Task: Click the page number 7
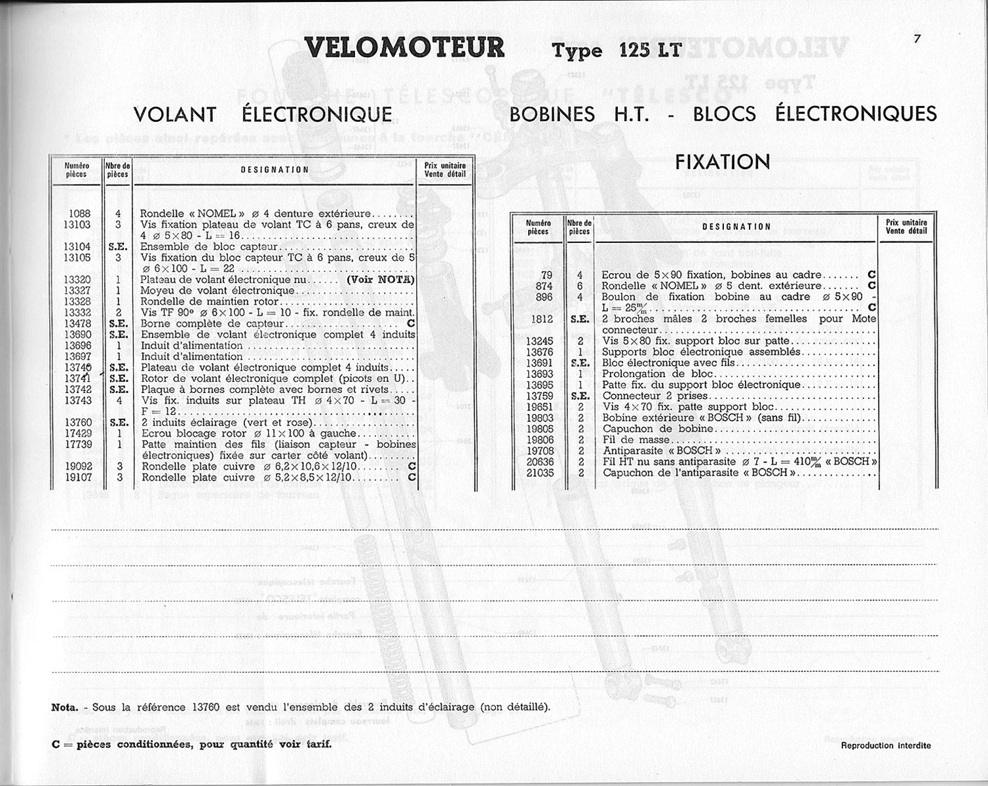click(917, 39)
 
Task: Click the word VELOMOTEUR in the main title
click(405, 48)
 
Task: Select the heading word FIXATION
click(723, 162)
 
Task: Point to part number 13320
click(77, 280)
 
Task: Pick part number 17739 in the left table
click(77, 444)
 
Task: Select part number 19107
click(77, 477)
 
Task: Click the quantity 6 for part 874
click(580, 286)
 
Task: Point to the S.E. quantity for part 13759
click(580, 396)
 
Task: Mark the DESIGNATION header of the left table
click(275, 170)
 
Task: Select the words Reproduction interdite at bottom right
click(885, 745)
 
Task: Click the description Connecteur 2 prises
click(655, 396)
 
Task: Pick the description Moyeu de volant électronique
click(218, 291)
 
